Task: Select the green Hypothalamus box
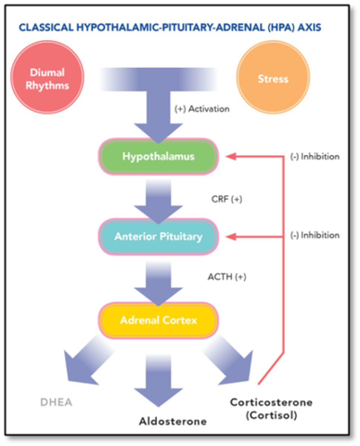point(158,156)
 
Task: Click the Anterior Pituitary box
point(158,236)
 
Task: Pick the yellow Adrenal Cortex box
point(158,320)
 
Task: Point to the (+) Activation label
point(202,109)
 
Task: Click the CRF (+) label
point(227,199)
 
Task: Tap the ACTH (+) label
point(227,277)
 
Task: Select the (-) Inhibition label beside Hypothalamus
point(315,156)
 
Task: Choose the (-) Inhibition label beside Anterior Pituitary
point(315,235)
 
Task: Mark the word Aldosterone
point(173,421)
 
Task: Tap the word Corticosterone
point(271,402)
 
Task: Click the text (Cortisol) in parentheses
point(271,415)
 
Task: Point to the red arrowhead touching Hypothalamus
point(231,156)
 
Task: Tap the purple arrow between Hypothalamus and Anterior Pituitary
point(158,203)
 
